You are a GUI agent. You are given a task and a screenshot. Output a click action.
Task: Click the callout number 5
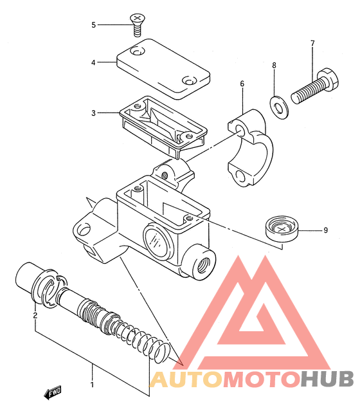pyautogui.click(x=93, y=25)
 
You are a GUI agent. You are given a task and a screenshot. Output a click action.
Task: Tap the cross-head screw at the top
pyautogui.click(x=136, y=25)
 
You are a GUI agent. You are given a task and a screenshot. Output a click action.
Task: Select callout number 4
pyautogui.click(x=93, y=62)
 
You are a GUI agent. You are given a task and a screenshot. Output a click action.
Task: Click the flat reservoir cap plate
pyautogui.click(x=163, y=69)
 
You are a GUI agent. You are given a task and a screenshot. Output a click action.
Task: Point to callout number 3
pyautogui.click(x=93, y=113)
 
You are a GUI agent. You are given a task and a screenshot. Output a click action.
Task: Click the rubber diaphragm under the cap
pyautogui.click(x=163, y=127)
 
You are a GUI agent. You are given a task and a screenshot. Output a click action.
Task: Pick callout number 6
pyautogui.click(x=242, y=84)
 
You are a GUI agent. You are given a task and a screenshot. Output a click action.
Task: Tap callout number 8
pyautogui.click(x=274, y=65)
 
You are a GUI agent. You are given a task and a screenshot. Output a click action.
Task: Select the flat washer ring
pyautogui.click(x=279, y=107)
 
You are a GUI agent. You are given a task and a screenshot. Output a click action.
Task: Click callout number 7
pyautogui.click(x=312, y=43)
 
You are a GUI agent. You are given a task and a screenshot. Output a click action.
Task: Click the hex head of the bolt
pyautogui.click(x=328, y=79)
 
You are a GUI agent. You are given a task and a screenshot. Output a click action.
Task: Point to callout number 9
pyautogui.click(x=325, y=230)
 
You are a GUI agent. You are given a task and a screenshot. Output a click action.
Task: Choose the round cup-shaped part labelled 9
pyautogui.click(x=282, y=228)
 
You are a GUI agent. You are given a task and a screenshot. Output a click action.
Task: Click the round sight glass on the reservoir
pyautogui.click(x=157, y=241)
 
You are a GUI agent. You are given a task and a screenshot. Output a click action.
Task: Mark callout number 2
pyautogui.click(x=35, y=316)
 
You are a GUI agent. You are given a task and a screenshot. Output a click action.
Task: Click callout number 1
pyautogui.click(x=92, y=385)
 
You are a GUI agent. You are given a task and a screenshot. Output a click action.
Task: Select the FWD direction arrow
pyautogui.click(x=53, y=393)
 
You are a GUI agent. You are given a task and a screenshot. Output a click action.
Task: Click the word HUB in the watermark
pyautogui.click(x=327, y=379)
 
